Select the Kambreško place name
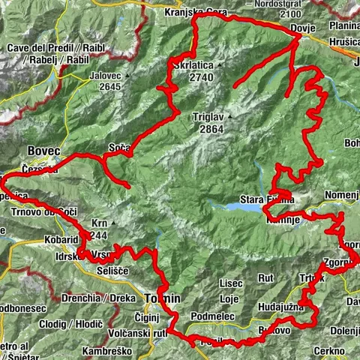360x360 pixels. point(100,351)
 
